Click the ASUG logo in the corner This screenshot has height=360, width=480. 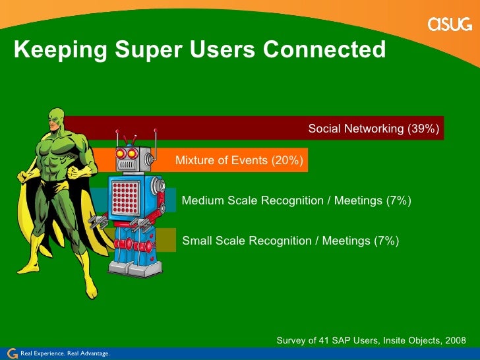(450, 24)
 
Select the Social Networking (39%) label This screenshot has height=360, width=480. (373, 129)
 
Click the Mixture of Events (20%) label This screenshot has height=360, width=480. (239, 160)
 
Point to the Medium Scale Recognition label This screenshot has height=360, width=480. (296, 200)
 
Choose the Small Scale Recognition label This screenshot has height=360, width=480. (290, 241)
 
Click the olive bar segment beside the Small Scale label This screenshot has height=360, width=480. (166, 240)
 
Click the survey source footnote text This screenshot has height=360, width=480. (371, 340)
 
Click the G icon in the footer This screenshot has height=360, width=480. (11, 353)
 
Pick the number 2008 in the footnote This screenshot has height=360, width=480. (454, 340)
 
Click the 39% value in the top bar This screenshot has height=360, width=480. (423, 129)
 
